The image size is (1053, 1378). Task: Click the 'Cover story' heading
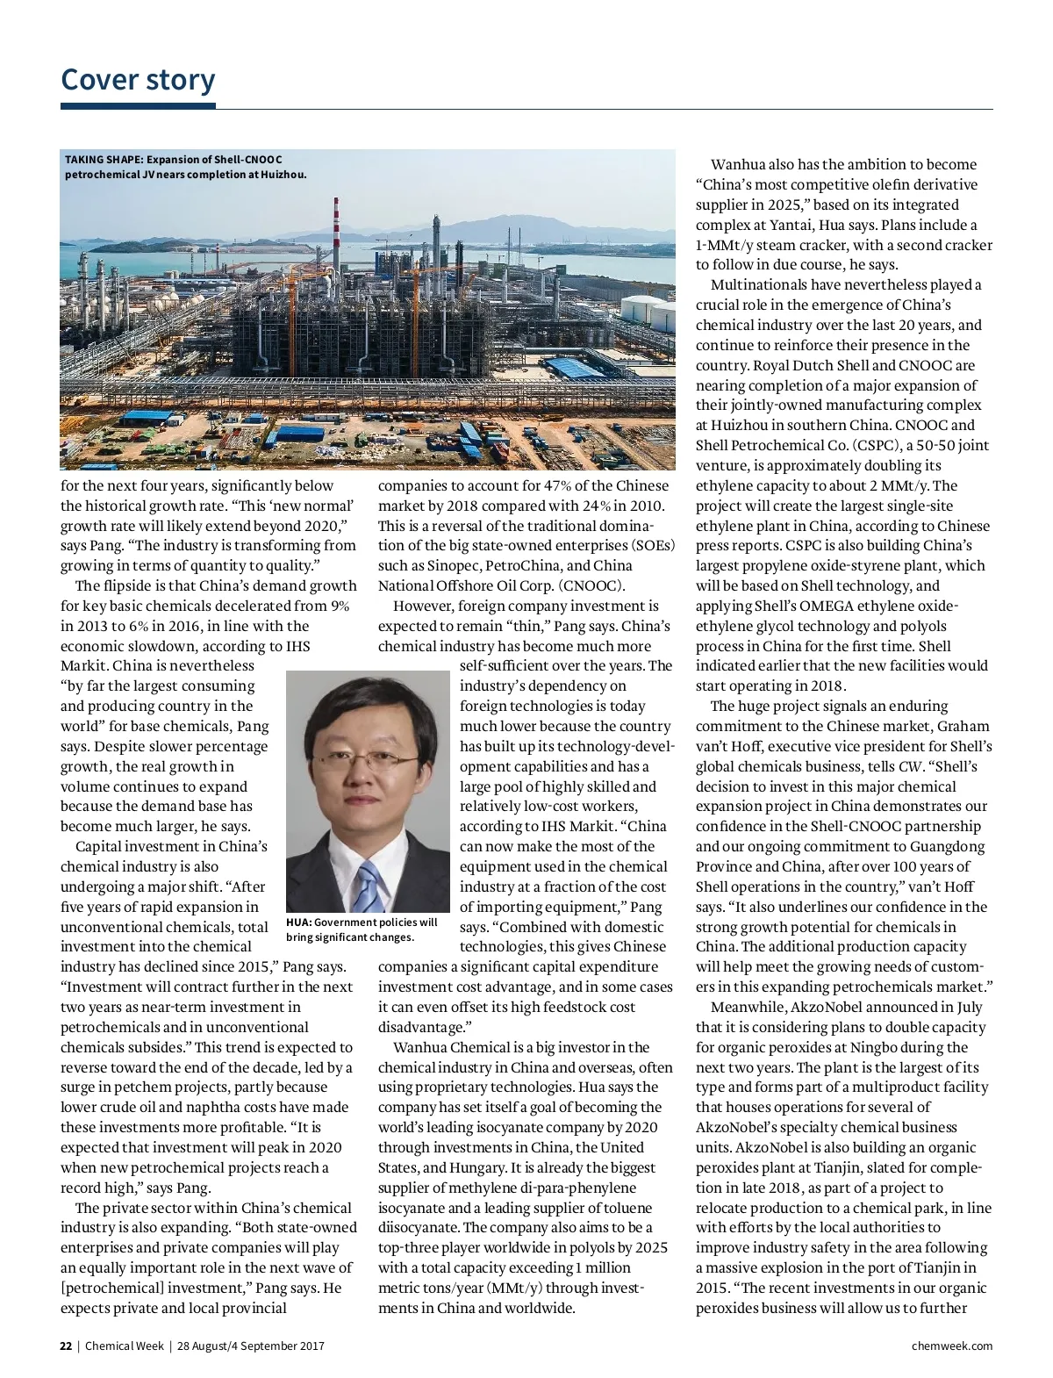pyautogui.click(x=138, y=80)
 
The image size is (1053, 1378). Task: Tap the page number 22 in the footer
pyautogui.click(x=66, y=1346)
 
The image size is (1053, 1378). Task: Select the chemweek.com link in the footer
pyautogui.click(x=952, y=1346)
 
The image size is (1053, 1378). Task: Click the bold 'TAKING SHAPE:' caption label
pyautogui.click(x=104, y=160)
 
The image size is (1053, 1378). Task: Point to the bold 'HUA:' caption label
pyautogui.click(x=298, y=922)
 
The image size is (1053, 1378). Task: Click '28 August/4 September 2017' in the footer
pyautogui.click(x=251, y=1346)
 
